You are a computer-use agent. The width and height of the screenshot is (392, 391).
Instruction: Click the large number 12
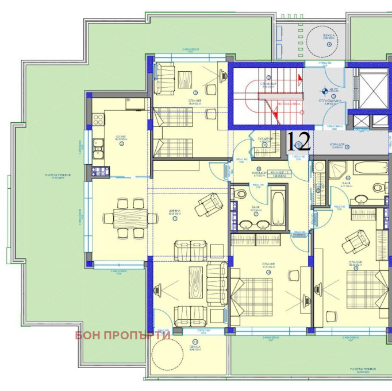298,141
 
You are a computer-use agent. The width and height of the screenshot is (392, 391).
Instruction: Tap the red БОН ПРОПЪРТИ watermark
122,335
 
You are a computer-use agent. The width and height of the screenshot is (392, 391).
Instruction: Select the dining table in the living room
129,218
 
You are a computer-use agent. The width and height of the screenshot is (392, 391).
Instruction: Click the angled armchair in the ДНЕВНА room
208,204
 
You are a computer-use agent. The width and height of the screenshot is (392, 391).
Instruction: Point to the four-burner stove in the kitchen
97,121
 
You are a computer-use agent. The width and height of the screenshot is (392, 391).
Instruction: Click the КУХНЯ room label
121,138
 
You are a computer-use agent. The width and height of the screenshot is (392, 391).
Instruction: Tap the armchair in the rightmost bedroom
357,241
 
